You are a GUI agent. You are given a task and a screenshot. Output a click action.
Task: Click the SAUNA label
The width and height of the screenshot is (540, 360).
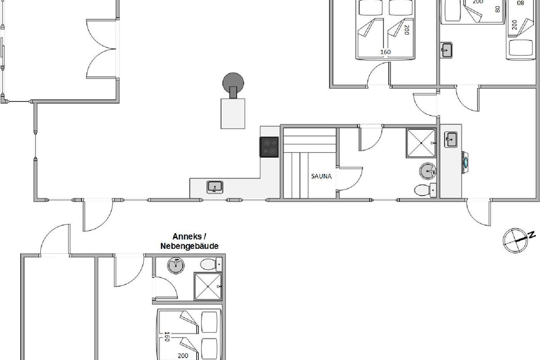(321, 176)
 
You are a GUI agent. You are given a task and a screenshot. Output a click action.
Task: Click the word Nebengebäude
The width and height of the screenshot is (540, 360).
(189, 246)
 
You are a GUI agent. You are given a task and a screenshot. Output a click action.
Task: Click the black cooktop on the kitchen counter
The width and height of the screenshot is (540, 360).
(269, 147)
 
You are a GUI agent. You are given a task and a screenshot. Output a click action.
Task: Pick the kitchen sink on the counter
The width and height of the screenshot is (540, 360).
(215, 187)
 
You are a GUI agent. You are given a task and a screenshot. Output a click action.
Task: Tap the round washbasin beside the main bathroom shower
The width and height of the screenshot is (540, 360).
(427, 171)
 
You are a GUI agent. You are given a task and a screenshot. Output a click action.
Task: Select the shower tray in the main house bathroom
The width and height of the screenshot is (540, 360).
(421, 143)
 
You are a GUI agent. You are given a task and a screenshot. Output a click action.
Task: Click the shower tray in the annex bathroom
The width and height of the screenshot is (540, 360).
(208, 287)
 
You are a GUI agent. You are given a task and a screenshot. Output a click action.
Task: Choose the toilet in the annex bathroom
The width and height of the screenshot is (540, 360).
(211, 264)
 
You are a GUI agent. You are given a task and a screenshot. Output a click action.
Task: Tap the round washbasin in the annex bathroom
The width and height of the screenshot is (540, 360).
(176, 265)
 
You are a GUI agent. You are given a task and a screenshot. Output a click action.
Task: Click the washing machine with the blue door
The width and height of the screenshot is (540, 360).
(465, 162)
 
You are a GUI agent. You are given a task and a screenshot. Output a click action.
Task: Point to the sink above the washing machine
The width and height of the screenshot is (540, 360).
(451, 139)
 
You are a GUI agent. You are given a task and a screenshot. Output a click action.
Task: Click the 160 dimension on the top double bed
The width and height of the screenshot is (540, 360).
(386, 52)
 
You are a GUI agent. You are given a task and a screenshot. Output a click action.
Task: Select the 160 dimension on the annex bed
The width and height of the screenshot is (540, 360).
(166, 337)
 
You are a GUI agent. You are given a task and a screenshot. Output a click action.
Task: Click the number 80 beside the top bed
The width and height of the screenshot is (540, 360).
(497, 9)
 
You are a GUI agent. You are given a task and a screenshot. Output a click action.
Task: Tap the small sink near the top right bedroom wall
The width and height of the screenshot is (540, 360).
(446, 50)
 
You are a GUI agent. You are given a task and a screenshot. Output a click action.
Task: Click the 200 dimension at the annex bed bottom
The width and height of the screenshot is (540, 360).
(183, 355)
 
